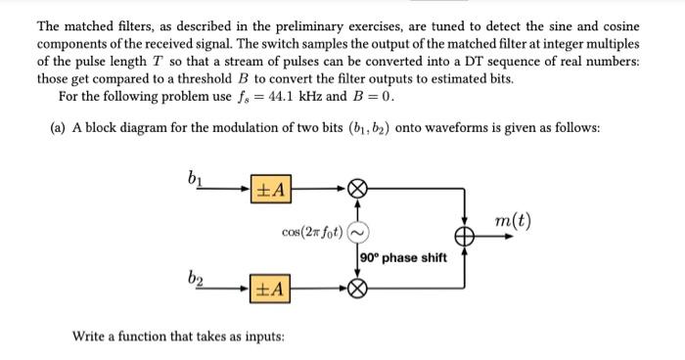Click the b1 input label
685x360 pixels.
click(193, 177)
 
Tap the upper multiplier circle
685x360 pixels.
click(358, 188)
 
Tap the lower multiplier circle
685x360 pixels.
click(358, 289)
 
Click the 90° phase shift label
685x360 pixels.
click(403, 257)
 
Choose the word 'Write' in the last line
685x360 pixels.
click(91, 337)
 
